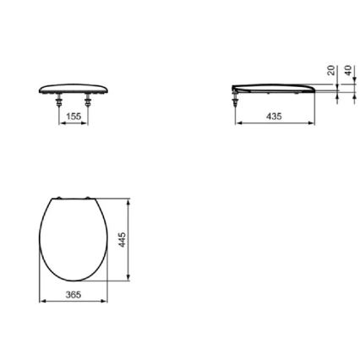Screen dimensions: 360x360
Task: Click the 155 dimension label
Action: [x=74, y=117]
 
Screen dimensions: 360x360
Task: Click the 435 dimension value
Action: [x=273, y=116]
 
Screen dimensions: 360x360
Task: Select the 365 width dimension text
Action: [x=74, y=294]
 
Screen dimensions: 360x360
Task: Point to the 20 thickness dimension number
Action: [x=330, y=73]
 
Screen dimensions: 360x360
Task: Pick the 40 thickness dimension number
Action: [x=346, y=73]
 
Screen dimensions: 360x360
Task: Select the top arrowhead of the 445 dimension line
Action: [x=128, y=202]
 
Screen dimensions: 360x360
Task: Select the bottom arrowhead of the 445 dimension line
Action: [x=128, y=280]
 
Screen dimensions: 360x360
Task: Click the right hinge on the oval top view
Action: [x=87, y=200]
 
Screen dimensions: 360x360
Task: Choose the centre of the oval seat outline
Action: [x=74, y=241]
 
